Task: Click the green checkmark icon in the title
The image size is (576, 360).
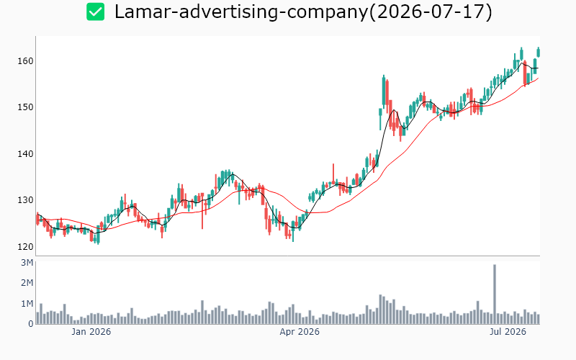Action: point(96,12)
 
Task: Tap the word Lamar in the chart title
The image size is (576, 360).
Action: point(145,12)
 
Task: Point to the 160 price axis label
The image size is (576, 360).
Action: point(25,61)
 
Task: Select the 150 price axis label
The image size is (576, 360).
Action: point(25,107)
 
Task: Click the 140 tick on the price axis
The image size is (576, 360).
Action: point(25,154)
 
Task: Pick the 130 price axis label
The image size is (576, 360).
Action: point(25,200)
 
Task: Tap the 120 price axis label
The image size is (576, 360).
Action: point(25,247)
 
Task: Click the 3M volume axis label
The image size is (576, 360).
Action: point(27,263)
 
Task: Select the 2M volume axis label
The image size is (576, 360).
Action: point(27,283)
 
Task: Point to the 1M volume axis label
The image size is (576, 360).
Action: point(27,303)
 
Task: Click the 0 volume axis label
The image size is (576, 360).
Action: point(31,324)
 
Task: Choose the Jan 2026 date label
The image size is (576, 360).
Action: point(91,332)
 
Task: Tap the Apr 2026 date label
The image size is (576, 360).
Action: point(300,332)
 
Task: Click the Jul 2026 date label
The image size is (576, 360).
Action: point(508,332)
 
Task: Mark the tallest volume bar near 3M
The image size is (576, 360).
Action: point(495,294)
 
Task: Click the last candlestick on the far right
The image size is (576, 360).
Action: point(539,52)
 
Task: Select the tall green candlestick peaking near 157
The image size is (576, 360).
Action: point(384,91)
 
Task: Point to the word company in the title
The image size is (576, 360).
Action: point(328,13)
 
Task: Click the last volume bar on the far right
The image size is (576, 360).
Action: point(539,319)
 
